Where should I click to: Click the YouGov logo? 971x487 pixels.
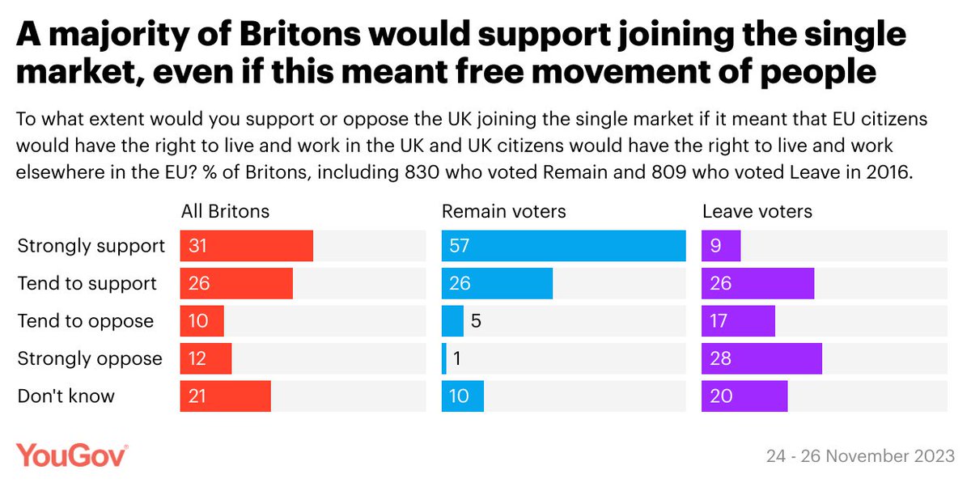(x=71, y=455)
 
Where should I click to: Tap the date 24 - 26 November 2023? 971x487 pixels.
(x=859, y=456)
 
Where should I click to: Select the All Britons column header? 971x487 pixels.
(x=224, y=212)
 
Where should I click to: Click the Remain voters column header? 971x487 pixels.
(x=503, y=212)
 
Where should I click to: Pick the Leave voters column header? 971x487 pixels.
(x=757, y=212)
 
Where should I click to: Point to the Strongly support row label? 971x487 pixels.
(x=91, y=246)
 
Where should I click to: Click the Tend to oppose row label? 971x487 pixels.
(x=85, y=321)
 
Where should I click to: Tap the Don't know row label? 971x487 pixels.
(x=66, y=396)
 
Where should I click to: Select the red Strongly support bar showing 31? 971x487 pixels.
(x=246, y=246)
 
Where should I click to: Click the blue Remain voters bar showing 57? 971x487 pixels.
(x=563, y=246)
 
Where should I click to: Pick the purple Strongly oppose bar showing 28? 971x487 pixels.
(x=761, y=358)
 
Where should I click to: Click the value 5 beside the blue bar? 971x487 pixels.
(x=476, y=321)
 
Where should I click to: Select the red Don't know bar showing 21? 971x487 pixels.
(x=225, y=396)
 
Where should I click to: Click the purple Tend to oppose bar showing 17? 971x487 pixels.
(x=738, y=321)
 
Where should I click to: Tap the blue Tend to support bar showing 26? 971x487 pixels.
(x=497, y=284)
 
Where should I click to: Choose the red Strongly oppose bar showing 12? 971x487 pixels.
(x=206, y=358)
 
